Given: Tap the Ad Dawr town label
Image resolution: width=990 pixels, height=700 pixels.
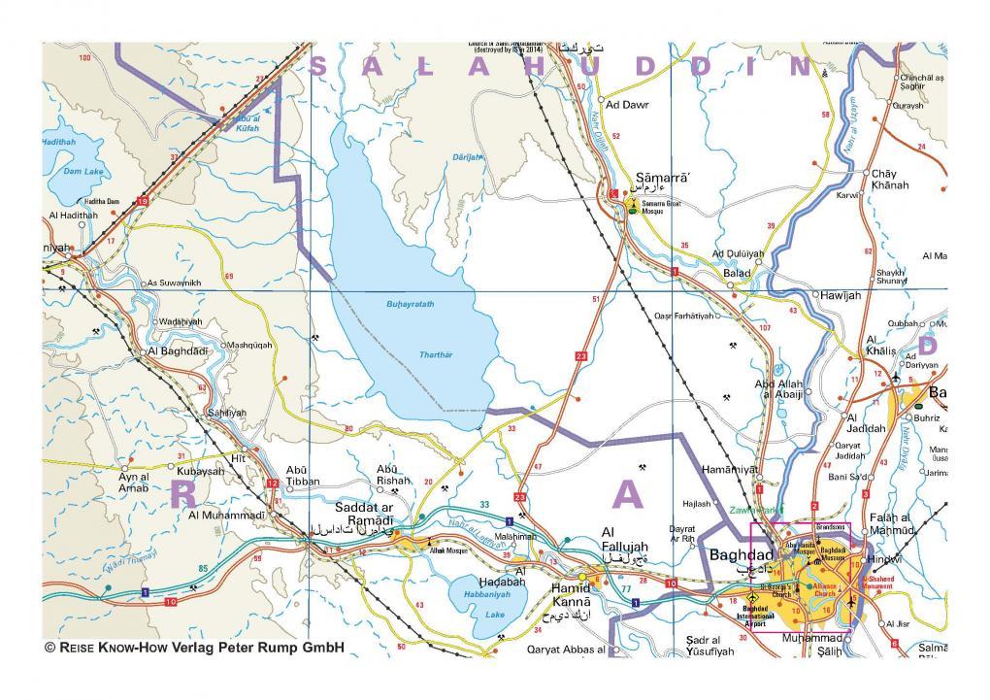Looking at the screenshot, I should click(626, 102).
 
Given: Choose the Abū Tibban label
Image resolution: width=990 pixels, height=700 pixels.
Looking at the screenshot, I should click(303, 477).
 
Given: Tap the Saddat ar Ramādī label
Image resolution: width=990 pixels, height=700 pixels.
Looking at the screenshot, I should click(364, 515).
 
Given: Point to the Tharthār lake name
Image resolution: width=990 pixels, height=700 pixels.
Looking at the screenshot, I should click(436, 354).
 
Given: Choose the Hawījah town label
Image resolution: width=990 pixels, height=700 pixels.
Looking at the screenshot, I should click(841, 294).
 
